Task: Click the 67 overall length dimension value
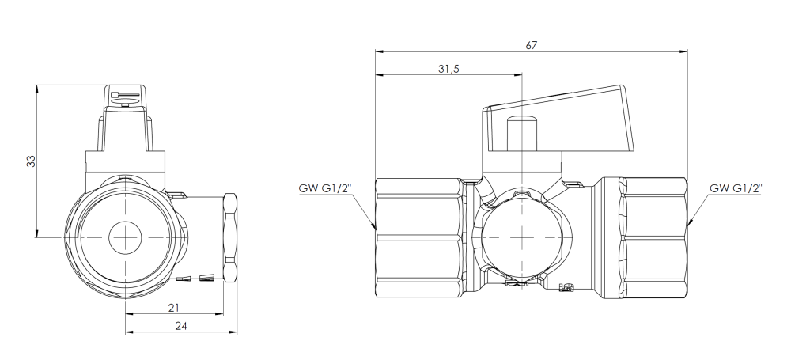[532, 45]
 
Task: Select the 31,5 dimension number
[448, 69]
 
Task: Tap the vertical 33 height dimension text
[32, 161]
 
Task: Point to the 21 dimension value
[174, 308]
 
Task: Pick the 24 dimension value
[180, 326]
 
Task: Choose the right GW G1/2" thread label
[736, 188]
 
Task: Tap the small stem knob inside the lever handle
[522, 135]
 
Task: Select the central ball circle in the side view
[521, 237]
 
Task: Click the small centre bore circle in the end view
[125, 237]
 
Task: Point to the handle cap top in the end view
[125, 97]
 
